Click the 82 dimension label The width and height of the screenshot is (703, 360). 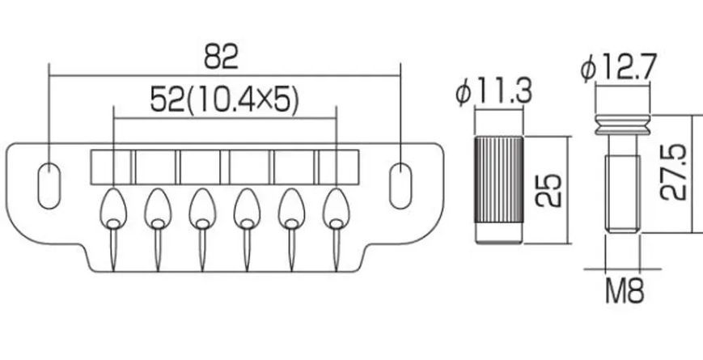[221, 57]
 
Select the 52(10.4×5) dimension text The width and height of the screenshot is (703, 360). [224, 100]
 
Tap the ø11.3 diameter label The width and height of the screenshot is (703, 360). [494, 93]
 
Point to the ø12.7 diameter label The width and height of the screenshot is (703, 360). [619, 67]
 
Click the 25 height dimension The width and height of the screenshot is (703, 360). [548, 190]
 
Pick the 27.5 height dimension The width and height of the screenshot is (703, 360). [673, 172]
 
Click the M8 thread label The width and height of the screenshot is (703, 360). [625, 291]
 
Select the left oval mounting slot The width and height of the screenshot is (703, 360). [49, 186]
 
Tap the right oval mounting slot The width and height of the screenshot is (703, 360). [400, 186]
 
